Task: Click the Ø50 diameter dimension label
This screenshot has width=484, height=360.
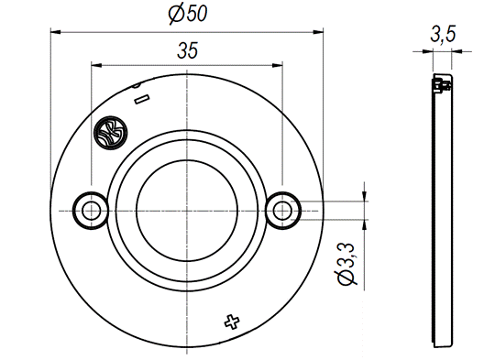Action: [188, 14]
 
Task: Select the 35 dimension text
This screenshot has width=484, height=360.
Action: [187, 50]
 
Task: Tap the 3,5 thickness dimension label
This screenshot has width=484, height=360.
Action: [443, 34]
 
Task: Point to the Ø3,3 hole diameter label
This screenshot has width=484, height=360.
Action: [346, 264]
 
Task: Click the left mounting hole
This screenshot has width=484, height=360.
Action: [92, 211]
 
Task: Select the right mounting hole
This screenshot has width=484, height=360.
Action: [282, 211]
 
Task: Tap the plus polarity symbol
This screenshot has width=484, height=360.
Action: [232, 322]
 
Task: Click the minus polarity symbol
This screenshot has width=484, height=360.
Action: [142, 99]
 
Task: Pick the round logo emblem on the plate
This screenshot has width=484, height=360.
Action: [111, 133]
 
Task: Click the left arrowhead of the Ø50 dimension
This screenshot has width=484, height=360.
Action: [56, 32]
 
